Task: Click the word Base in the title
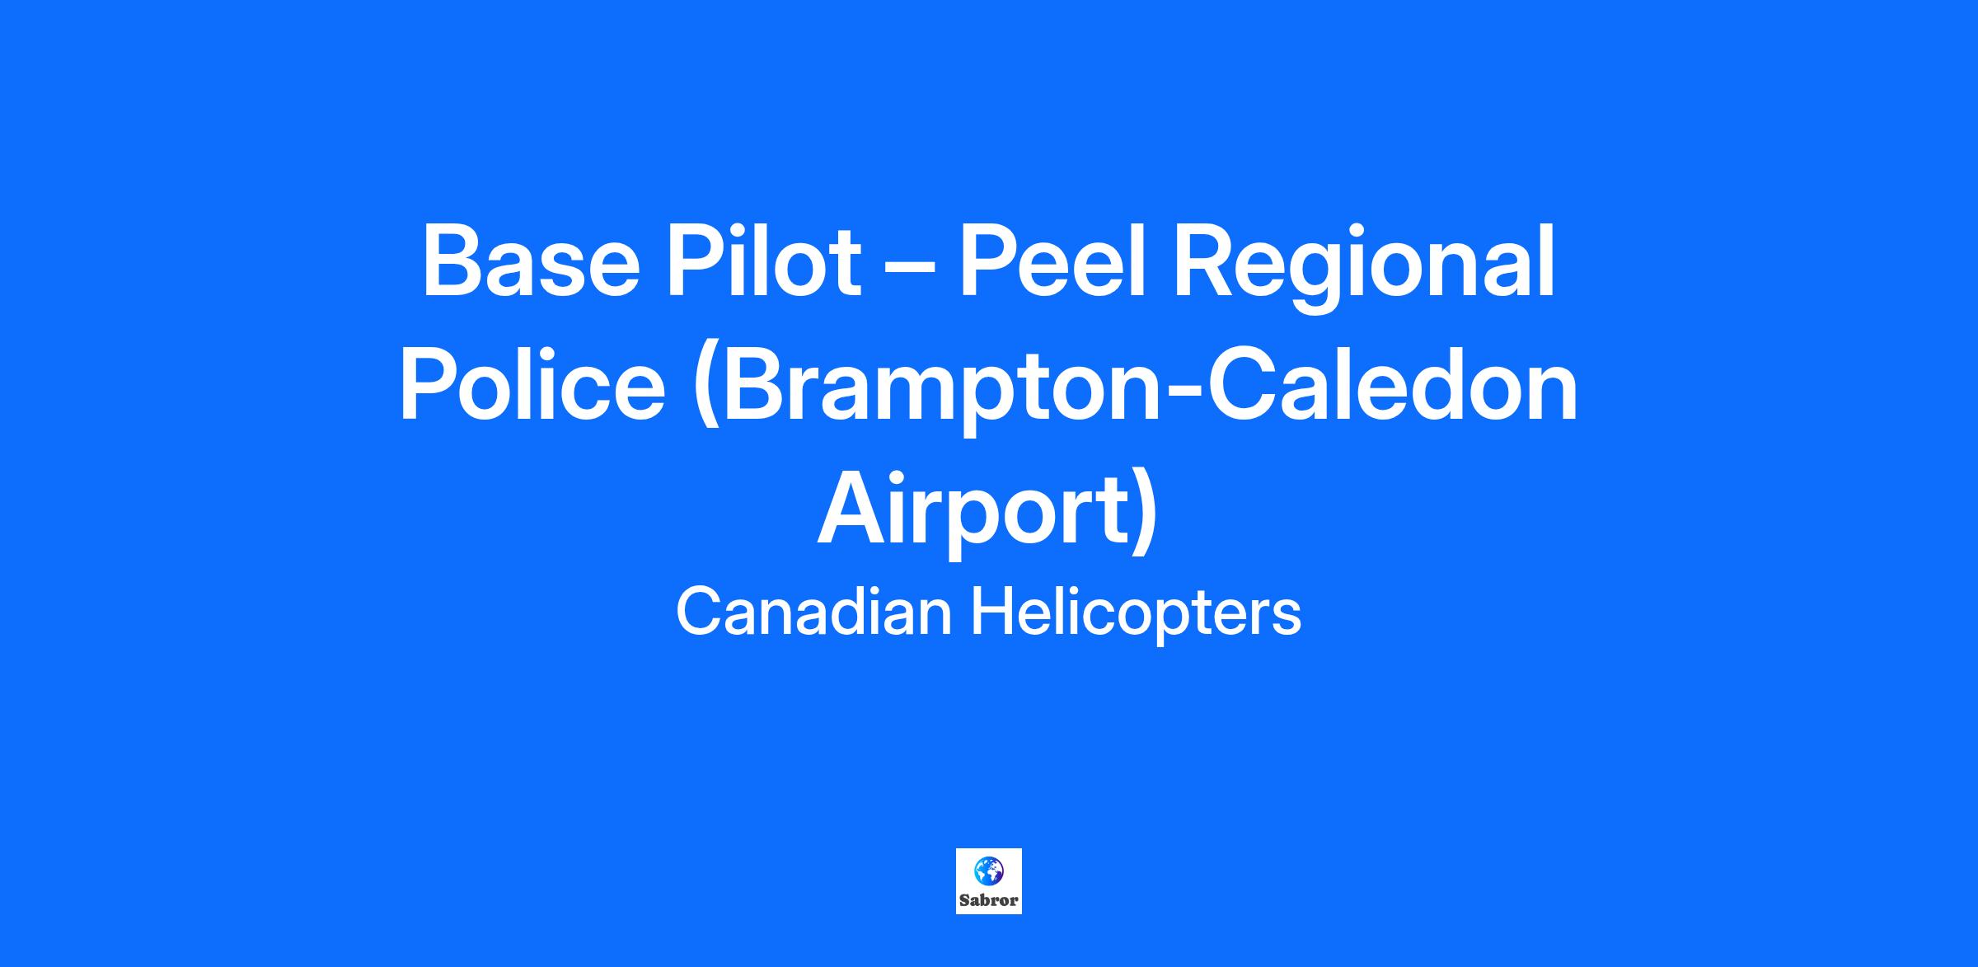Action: tap(531, 261)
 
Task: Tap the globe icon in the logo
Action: tap(988, 869)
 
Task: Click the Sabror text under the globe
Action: tap(988, 899)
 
